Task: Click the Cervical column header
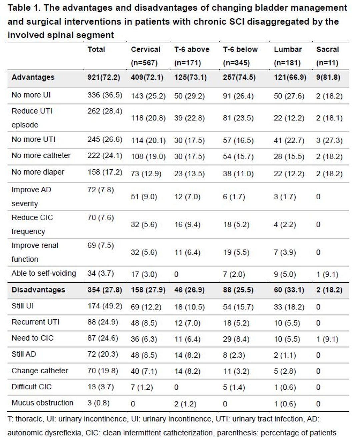point(145,50)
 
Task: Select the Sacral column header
point(327,50)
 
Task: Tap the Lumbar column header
point(288,50)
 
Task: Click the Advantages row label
point(33,77)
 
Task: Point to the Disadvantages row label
point(38,290)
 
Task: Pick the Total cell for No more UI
point(105,95)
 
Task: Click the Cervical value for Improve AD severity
point(144,197)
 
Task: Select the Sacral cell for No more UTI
point(329,140)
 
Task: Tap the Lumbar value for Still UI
point(289,307)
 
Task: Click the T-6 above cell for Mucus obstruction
point(185,404)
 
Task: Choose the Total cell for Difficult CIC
point(101,387)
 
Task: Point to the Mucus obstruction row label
point(42,403)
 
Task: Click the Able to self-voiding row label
point(44,273)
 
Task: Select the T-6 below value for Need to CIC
point(236,339)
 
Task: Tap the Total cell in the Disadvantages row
point(105,290)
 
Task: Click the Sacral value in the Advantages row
point(328,77)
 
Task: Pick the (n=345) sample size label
point(236,63)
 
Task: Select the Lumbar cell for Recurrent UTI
point(287,323)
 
